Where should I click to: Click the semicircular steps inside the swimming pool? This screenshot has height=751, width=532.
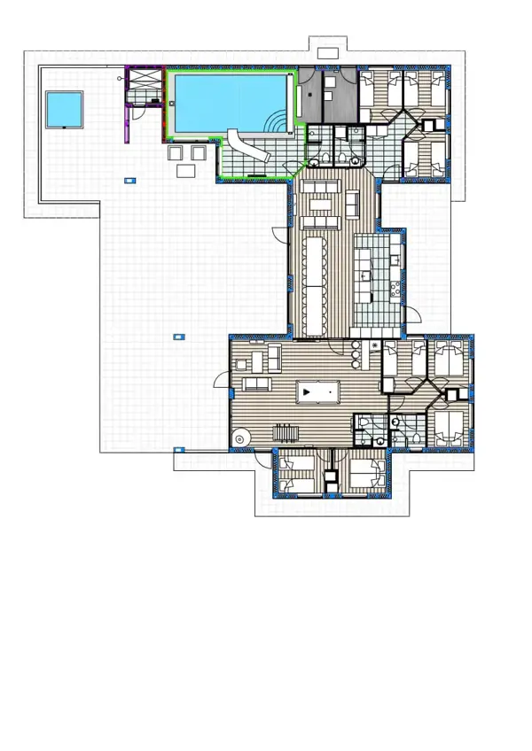281,123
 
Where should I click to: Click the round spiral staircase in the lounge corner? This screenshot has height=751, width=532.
239,437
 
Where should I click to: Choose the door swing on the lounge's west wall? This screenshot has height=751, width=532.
220,382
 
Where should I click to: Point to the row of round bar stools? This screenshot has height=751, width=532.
357,352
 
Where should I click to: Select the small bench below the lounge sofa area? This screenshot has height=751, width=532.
286,431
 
